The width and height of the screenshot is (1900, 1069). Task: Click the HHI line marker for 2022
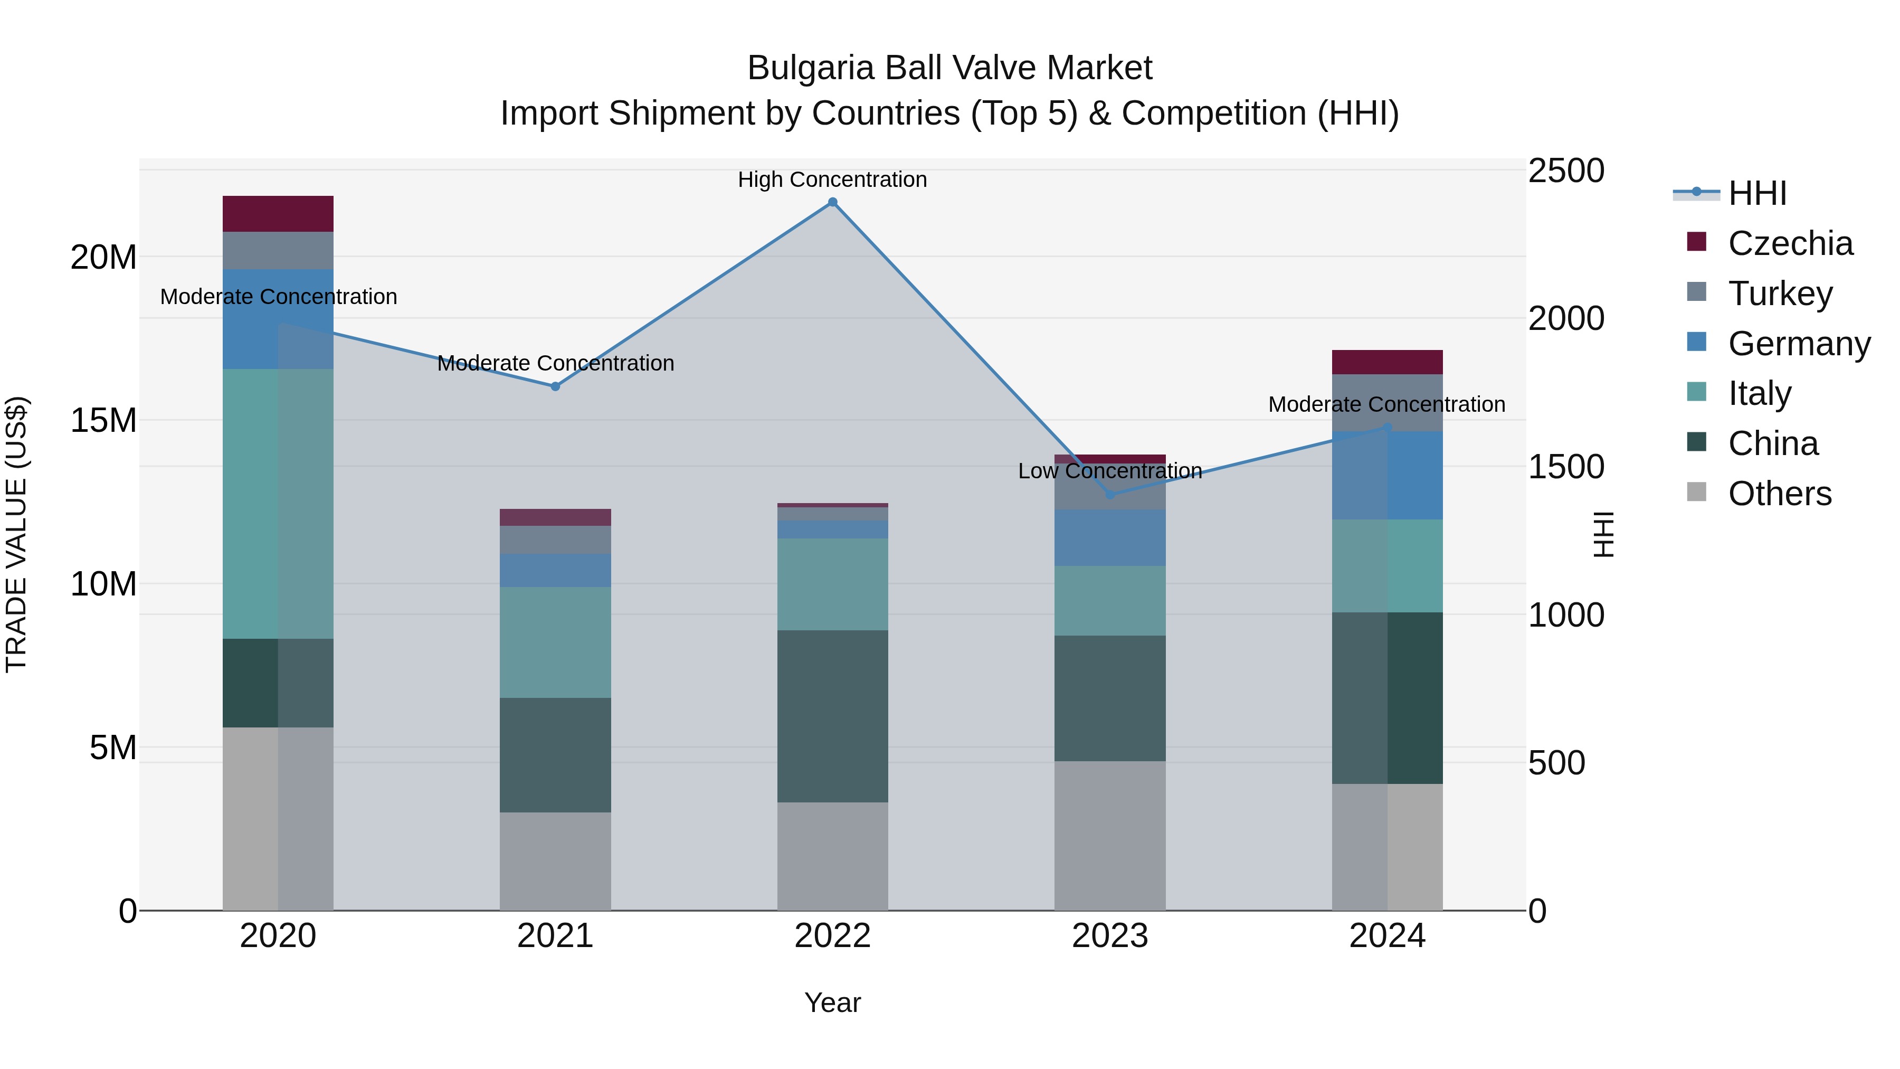click(833, 202)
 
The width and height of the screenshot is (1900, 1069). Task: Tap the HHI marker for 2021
click(555, 386)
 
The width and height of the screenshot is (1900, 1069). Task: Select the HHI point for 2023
click(1110, 494)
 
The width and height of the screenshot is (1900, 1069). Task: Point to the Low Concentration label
click(1109, 471)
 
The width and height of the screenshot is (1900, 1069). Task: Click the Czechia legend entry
click(1790, 243)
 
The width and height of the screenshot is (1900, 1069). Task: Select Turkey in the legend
click(1780, 294)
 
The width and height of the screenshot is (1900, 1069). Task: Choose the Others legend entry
click(1779, 494)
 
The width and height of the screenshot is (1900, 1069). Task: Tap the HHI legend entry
click(1757, 193)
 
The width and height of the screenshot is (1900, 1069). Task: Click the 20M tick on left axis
click(103, 258)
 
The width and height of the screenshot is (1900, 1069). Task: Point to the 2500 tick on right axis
click(1565, 171)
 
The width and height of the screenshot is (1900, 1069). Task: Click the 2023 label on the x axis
click(1109, 936)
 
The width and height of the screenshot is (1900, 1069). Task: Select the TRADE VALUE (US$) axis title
click(16, 534)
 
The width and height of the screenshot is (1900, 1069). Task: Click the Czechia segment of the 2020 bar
click(278, 214)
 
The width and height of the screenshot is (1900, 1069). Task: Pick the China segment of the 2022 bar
click(833, 716)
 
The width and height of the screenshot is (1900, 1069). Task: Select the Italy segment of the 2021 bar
click(555, 642)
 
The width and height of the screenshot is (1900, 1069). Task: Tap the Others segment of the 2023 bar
click(1110, 835)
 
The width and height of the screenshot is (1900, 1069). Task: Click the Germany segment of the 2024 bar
click(1388, 476)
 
